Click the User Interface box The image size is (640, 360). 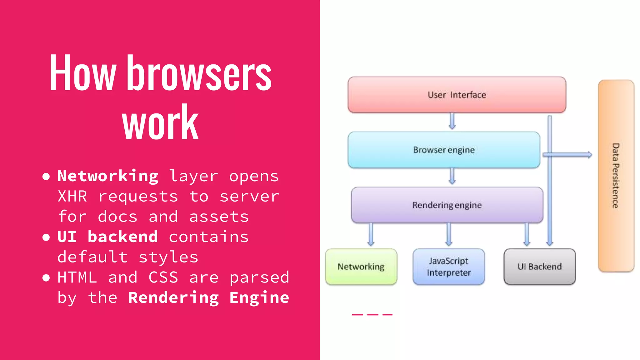click(457, 95)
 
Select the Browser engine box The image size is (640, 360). click(444, 150)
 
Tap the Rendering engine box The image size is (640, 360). click(447, 205)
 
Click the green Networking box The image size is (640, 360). click(361, 267)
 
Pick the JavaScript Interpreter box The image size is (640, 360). click(448, 267)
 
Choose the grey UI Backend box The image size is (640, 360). click(539, 267)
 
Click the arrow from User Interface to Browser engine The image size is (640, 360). click(452, 121)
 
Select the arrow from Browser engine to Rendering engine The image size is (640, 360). click(452, 176)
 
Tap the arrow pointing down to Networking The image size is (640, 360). click(371, 234)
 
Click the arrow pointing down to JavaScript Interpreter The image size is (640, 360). click(449, 234)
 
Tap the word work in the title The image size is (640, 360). click(160, 122)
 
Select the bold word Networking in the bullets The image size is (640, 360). click(108, 176)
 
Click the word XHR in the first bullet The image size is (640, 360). click(72, 197)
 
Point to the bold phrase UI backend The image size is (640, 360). click(107, 237)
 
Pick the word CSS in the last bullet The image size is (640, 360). click(163, 277)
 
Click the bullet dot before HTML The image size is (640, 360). click(46, 277)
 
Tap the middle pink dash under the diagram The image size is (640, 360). click(372, 314)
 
